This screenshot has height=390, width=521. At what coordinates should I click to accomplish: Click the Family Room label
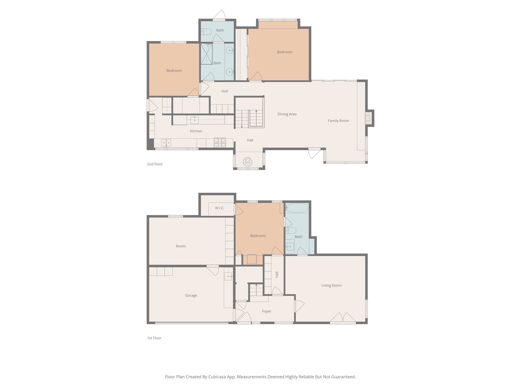pyautogui.click(x=338, y=121)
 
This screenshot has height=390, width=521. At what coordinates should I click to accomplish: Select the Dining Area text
pyautogui.click(x=287, y=114)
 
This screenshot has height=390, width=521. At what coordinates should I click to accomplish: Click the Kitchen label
pyautogui.click(x=196, y=131)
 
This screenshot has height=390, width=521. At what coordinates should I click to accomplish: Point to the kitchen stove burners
pyautogui.click(x=220, y=143)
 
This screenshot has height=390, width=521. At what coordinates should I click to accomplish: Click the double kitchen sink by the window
pyautogui.click(x=166, y=143)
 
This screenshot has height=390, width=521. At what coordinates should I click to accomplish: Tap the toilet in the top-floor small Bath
pyautogui.click(x=206, y=32)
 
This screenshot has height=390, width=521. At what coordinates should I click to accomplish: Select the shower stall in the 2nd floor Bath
pyautogui.click(x=207, y=54)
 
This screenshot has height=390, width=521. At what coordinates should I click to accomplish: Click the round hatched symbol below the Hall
pyautogui.click(x=247, y=162)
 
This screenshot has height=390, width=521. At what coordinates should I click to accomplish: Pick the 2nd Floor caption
pyautogui.click(x=155, y=164)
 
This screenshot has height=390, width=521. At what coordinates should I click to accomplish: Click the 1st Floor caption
pyautogui.click(x=154, y=338)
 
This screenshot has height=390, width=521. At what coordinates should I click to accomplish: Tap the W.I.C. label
pyautogui.click(x=220, y=208)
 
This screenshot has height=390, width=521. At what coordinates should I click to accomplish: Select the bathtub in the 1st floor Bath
pyautogui.click(x=296, y=208)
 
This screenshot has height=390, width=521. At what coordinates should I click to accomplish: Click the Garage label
pyautogui.click(x=191, y=295)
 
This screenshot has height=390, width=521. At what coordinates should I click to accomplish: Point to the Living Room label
pyautogui.click(x=331, y=285)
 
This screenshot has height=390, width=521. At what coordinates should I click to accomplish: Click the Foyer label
pyautogui.click(x=266, y=311)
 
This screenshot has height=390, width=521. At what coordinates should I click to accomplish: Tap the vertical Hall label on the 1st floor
pyautogui.click(x=277, y=274)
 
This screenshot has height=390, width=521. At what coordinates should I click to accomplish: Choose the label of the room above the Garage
pyautogui.click(x=181, y=246)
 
